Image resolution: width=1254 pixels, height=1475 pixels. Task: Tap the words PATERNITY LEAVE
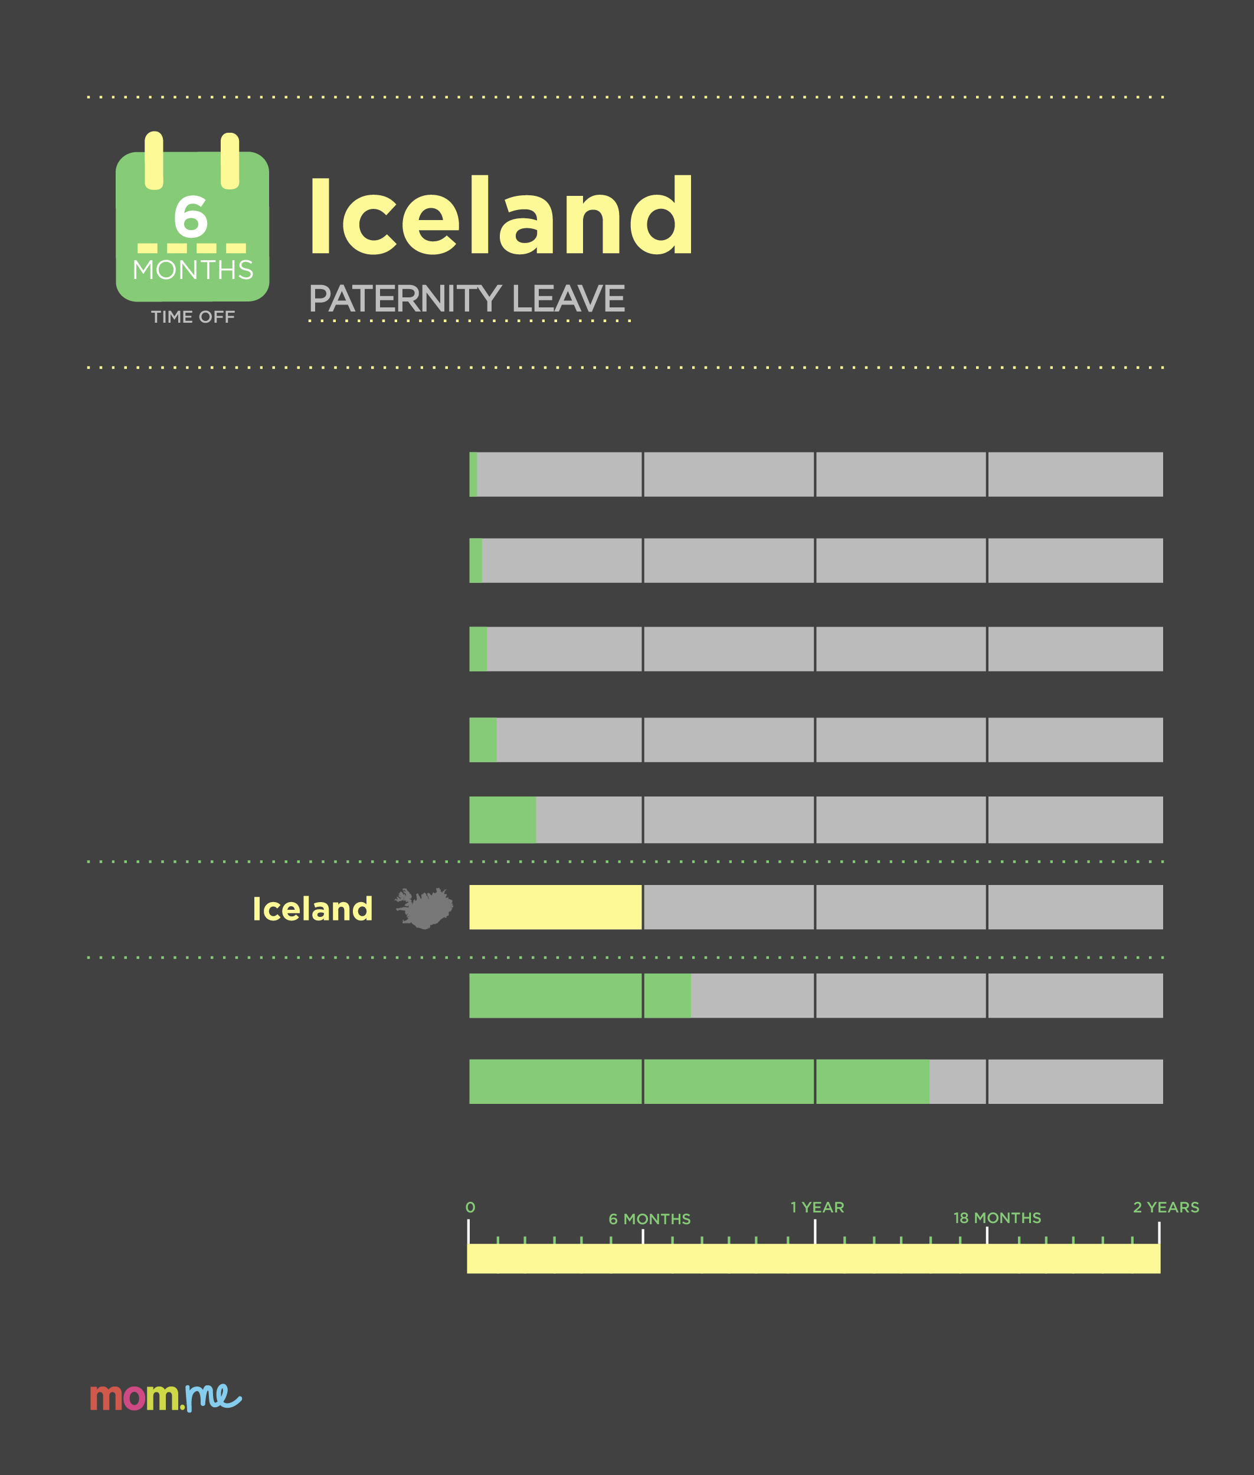pyautogui.click(x=467, y=299)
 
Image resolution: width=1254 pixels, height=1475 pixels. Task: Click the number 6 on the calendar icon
pyautogui.click(x=191, y=217)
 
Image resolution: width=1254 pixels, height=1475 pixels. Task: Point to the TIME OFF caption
pyautogui.click(x=192, y=317)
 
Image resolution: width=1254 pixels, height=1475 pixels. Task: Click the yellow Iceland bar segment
pyautogui.click(x=555, y=907)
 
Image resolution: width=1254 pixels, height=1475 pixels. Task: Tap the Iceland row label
pyautogui.click(x=313, y=909)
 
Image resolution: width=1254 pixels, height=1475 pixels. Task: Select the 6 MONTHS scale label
pyautogui.click(x=650, y=1219)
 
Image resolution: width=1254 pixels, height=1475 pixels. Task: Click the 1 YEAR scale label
pyautogui.click(x=817, y=1207)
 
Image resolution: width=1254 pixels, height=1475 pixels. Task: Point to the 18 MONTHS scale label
pyautogui.click(x=997, y=1218)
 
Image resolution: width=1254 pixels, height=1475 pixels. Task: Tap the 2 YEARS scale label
pyautogui.click(x=1167, y=1207)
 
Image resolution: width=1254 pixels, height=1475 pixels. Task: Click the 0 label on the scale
pyautogui.click(x=470, y=1207)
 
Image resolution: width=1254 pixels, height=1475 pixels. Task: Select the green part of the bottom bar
pyautogui.click(x=699, y=1081)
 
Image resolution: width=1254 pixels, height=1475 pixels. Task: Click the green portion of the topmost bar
pyautogui.click(x=473, y=474)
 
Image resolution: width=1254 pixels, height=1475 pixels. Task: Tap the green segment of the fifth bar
pyautogui.click(x=503, y=820)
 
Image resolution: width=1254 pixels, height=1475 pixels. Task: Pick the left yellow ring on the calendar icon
pyautogui.click(x=154, y=160)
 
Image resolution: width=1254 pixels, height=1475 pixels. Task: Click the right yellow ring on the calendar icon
pyautogui.click(x=230, y=160)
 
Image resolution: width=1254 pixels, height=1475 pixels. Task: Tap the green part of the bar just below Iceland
pyautogui.click(x=580, y=995)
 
